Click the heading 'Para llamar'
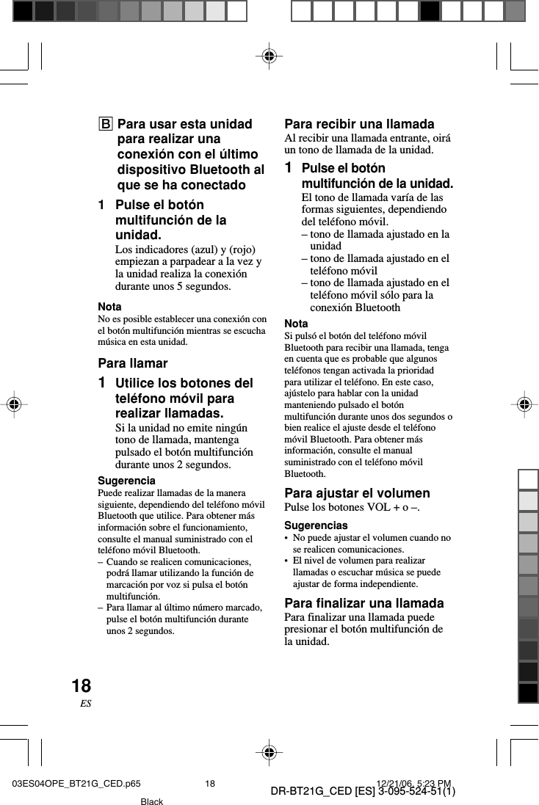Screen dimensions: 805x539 click(x=133, y=363)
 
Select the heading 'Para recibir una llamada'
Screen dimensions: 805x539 click(x=359, y=124)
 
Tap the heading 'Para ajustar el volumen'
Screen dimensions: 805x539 click(x=357, y=493)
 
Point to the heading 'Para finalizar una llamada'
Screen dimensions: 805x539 click(x=363, y=603)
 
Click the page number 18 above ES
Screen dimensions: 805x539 click(x=81, y=686)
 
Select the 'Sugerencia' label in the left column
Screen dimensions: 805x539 click(x=126, y=481)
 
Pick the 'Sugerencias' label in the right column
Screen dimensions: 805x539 click(x=316, y=525)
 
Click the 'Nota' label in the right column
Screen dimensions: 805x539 click(x=296, y=324)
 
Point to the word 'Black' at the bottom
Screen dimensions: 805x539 click(x=151, y=801)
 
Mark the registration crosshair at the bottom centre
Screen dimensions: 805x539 click(x=269, y=753)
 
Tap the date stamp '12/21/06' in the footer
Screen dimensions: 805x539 click(x=396, y=783)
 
